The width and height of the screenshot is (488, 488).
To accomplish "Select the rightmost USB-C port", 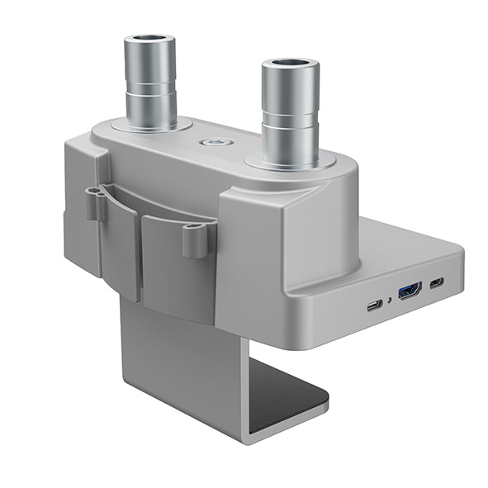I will (436, 283).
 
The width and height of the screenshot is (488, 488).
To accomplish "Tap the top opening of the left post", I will (149, 39).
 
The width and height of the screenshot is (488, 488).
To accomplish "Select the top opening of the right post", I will (290, 63).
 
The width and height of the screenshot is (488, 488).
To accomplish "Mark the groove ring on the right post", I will (291, 115).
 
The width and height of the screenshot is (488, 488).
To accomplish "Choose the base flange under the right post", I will (291, 159).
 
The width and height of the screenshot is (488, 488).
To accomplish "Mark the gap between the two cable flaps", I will (140, 256).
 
